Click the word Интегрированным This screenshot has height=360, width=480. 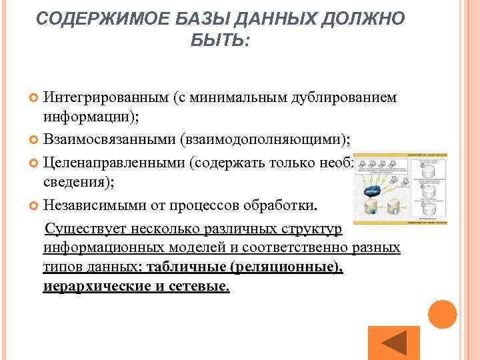(105, 98)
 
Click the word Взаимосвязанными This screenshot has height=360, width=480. (109, 139)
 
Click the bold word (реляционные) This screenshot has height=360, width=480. (287, 267)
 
